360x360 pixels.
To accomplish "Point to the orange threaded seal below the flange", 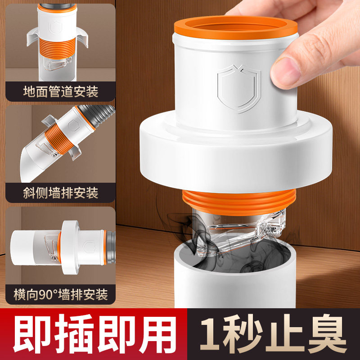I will [x=238, y=200].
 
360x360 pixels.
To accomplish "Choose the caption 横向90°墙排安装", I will [x=61, y=295].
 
